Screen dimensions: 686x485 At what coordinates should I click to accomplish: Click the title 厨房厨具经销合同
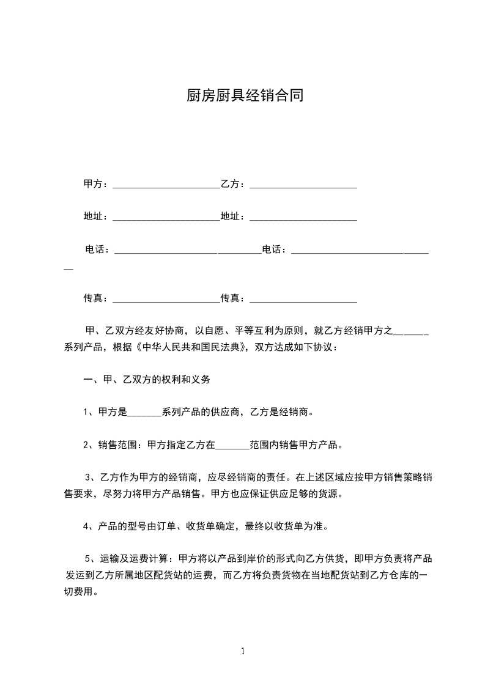point(244,96)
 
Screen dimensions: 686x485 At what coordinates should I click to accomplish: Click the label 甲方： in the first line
point(96,183)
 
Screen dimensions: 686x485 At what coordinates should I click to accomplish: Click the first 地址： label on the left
point(96,216)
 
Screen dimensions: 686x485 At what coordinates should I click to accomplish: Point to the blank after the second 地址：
point(303,218)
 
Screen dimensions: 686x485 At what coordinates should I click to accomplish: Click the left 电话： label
point(97,249)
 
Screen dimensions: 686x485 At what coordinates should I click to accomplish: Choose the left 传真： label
point(96,298)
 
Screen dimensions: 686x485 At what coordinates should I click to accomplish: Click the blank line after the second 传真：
point(303,300)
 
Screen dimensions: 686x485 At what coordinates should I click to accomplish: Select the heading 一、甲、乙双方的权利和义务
point(147,380)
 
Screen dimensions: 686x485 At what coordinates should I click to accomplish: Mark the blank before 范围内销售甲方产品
point(233,446)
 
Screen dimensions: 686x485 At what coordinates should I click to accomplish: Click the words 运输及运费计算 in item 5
point(135,558)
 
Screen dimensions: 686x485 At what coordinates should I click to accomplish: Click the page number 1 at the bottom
point(243,651)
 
